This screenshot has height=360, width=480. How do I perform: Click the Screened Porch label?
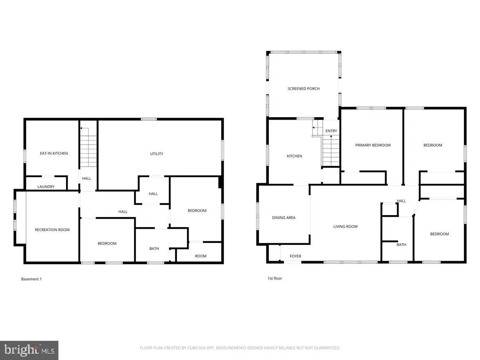[304, 88]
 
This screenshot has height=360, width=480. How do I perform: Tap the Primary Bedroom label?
[373, 145]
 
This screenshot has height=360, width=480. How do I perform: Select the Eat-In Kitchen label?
[54, 153]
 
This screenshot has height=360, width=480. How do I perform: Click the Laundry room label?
[46, 187]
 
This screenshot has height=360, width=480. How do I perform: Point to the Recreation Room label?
[52, 230]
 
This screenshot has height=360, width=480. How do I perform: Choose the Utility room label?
[156, 154]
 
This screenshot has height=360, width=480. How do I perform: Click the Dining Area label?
[284, 218]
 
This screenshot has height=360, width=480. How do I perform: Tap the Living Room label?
[345, 226]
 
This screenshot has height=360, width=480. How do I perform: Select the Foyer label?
[296, 256]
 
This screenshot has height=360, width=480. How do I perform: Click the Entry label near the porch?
[331, 131]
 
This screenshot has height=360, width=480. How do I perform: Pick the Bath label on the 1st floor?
[401, 244]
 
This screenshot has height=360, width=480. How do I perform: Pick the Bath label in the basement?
[154, 248]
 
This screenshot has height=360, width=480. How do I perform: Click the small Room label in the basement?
[201, 256]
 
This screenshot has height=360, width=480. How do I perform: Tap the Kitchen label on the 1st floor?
[294, 156]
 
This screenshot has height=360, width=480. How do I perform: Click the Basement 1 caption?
[31, 279]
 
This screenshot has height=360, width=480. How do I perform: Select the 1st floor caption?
[275, 278]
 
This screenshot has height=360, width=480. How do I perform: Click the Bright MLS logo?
[29, 350]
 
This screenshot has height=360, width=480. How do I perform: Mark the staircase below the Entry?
[331, 150]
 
